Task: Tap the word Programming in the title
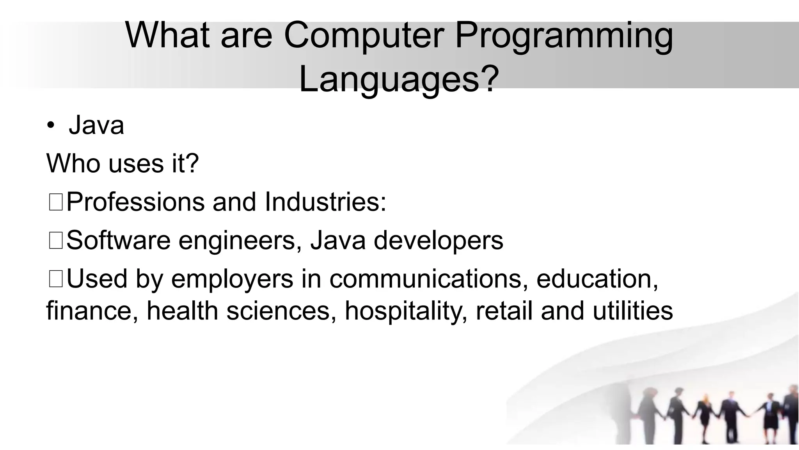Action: coord(564,36)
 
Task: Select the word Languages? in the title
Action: coord(399,80)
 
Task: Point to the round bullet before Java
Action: coord(50,126)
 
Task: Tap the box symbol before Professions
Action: coord(56,203)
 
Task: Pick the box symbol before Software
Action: coord(56,241)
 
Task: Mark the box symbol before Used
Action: coord(56,279)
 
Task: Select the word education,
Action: coord(597,279)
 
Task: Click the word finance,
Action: coord(92,311)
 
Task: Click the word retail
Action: coord(504,311)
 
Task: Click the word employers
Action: coord(232,280)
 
